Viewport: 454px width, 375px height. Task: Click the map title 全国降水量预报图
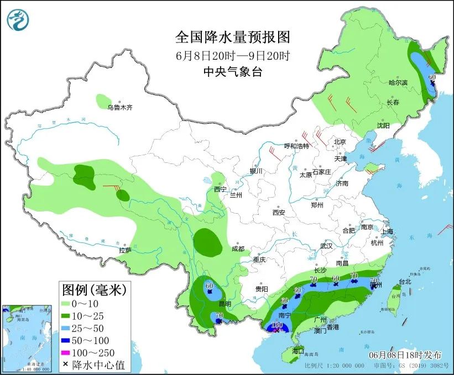pyautogui.click(x=232, y=38)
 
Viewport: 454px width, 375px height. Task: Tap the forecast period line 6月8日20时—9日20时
pyautogui.click(x=232, y=56)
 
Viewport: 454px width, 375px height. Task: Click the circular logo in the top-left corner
pyautogui.click(x=17, y=20)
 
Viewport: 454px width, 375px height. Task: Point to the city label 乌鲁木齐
pyautogui.click(x=120, y=107)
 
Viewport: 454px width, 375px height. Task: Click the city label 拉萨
pyautogui.click(x=125, y=250)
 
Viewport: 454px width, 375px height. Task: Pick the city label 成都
pyautogui.click(x=238, y=249)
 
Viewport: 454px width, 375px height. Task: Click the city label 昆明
pyautogui.click(x=224, y=305)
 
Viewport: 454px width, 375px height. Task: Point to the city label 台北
pyautogui.click(x=405, y=281)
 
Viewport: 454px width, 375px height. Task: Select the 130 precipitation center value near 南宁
pyautogui.click(x=278, y=326)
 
